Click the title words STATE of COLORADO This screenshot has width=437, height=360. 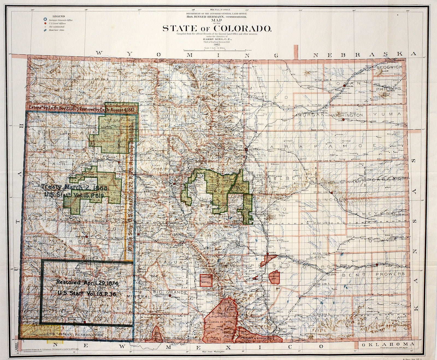coord(217,28)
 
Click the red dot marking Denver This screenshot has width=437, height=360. coord(246,149)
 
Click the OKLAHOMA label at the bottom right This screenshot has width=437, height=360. coord(388,344)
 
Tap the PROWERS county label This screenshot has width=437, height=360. coord(390,274)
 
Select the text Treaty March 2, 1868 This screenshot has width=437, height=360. coord(74,188)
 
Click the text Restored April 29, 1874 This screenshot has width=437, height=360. coord(87,283)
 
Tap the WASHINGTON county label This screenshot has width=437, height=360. coord(347,115)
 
